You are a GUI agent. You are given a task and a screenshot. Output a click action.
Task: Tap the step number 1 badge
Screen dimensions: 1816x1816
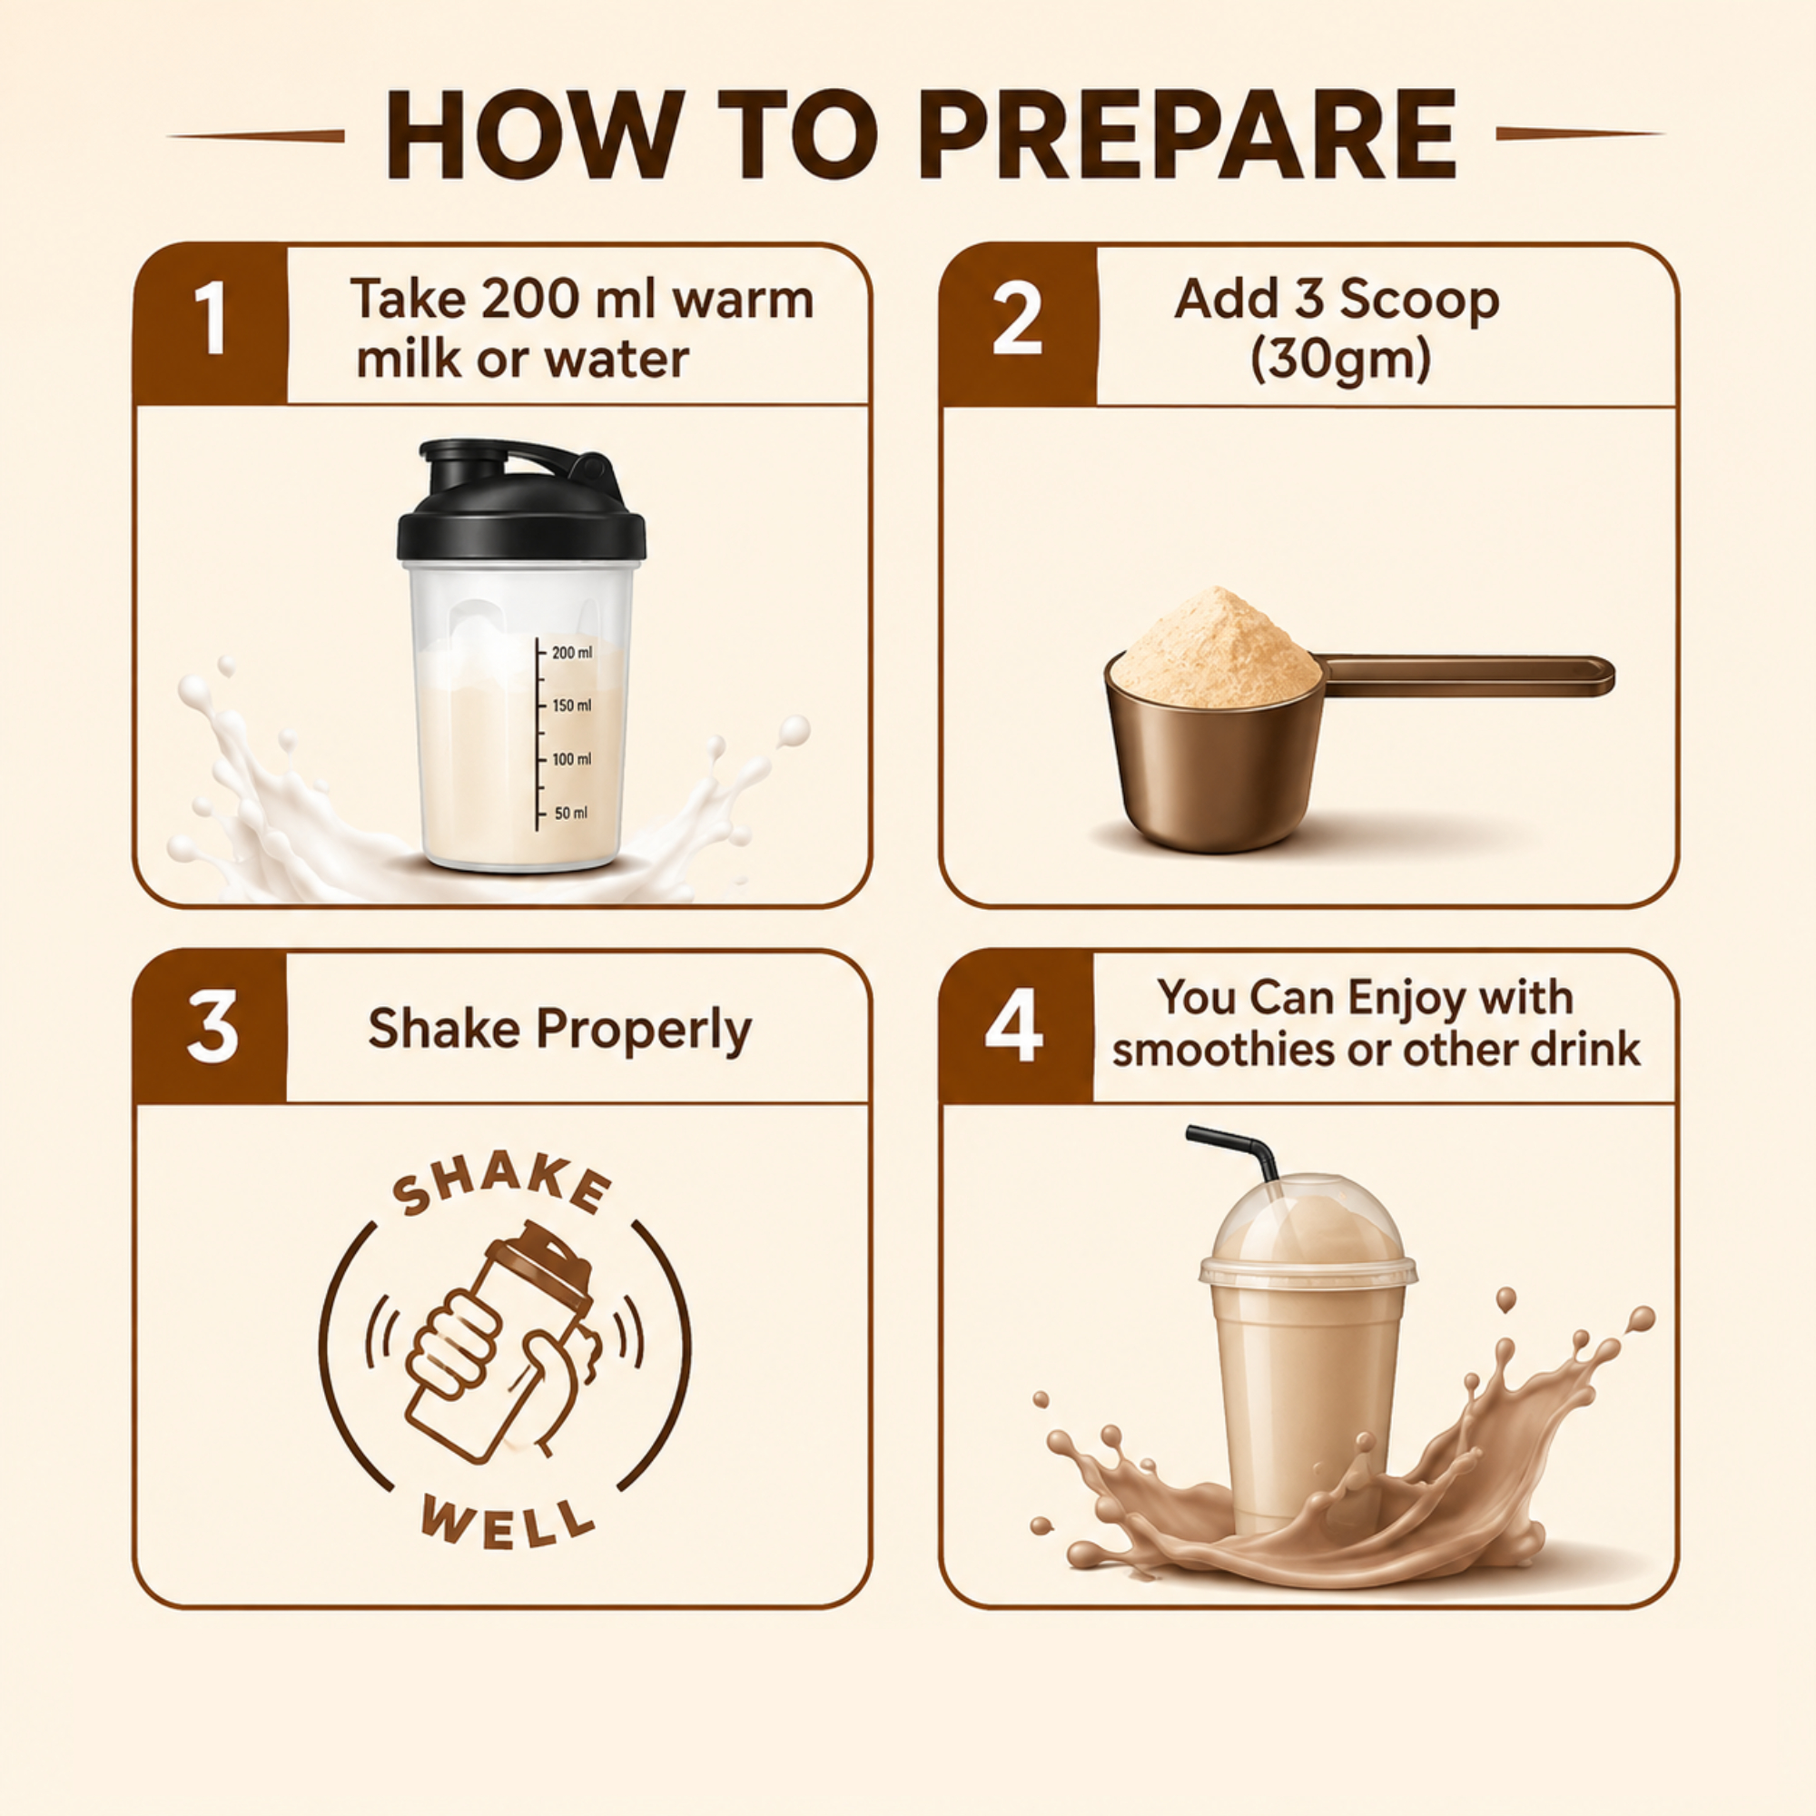[x=211, y=324]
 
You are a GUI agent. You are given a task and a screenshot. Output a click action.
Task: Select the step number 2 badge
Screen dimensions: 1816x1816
[x=1018, y=324]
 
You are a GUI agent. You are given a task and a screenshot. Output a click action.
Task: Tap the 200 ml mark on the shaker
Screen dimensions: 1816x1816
[x=571, y=652]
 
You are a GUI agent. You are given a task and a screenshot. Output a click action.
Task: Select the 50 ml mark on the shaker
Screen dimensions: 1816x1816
[x=569, y=813]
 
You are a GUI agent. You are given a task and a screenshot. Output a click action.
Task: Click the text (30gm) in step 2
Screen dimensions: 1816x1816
[x=1340, y=358]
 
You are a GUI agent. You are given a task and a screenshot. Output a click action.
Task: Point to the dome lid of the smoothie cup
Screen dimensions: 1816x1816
[x=1308, y=1229]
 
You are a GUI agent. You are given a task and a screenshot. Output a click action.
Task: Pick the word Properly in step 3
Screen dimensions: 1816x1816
[x=644, y=1031]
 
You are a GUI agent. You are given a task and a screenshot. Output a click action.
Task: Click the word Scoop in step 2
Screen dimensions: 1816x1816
[x=1418, y=301]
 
